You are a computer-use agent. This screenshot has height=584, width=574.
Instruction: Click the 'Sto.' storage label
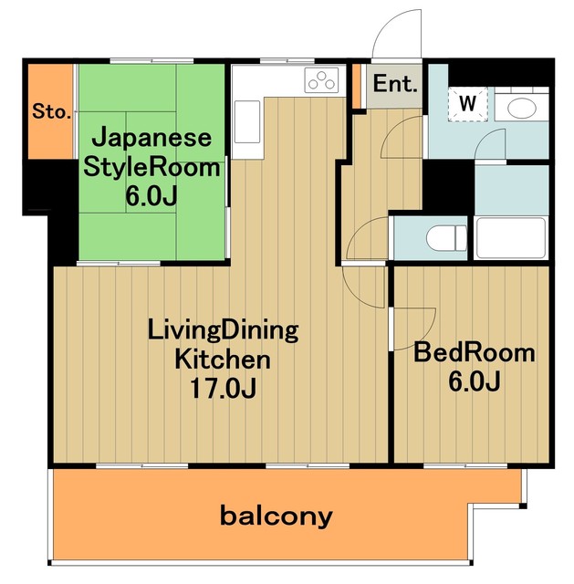[x=51, y=112]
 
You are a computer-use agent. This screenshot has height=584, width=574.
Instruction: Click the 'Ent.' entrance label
[x=395, y=87]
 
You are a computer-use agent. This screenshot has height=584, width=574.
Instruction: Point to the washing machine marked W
[x=468, y=103]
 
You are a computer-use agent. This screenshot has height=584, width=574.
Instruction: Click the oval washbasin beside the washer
[x=524, y=109]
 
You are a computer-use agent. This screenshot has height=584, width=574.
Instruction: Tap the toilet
[x=447, y=237]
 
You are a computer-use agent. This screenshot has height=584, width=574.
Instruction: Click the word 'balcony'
[x=277, y=516]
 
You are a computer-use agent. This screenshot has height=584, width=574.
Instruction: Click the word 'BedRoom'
[x=474, y=353]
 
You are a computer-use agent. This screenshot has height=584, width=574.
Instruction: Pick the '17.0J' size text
[x=223, y=388]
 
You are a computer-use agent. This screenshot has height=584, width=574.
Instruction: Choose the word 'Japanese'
[x=153, y=139]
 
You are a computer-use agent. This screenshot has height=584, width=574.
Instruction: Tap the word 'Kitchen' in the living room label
[x=223, y=358]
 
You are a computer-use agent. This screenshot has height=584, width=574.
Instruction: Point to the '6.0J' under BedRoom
[x=473, y=382]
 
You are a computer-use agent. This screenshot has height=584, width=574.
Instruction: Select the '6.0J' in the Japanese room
[x=153, y=196]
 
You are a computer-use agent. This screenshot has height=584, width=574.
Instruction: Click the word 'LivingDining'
[x=224, y=328]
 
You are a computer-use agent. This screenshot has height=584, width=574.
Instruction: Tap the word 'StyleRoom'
[x=152, y=167]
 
